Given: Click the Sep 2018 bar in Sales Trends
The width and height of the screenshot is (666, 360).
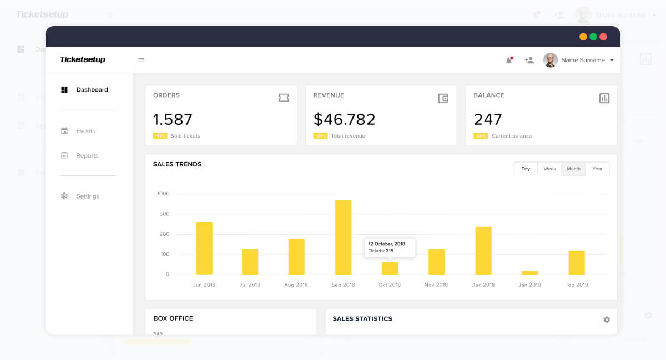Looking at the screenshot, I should (343, 237).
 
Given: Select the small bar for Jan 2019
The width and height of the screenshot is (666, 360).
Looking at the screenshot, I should (529, 273).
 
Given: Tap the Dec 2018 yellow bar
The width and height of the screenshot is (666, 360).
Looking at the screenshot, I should (483, 251).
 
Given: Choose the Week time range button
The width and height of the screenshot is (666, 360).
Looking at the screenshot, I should (549, 169).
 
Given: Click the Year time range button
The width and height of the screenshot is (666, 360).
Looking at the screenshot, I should (597, 169).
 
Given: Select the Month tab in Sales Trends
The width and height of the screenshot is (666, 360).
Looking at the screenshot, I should (573, 169).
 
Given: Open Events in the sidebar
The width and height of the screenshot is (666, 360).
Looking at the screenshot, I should (85, 131).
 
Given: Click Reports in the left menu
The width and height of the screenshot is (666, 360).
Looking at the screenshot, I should (87, 156).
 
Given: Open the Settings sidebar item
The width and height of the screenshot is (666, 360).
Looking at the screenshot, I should (88, 196).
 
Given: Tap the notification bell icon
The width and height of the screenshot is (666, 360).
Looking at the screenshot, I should (509, 60).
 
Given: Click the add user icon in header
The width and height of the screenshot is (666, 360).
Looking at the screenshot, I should (529, 60).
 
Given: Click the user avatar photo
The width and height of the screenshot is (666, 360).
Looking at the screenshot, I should (550, 60).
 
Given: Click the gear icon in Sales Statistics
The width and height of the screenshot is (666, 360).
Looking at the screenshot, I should (606, 320).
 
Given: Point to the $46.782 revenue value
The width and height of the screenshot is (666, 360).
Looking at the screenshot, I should (344, 119).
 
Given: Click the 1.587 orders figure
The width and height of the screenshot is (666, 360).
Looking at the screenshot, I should (173, 119).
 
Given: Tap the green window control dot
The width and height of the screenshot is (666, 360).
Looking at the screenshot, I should (593, 37).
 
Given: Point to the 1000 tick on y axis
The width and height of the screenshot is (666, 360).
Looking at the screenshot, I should (163, 194).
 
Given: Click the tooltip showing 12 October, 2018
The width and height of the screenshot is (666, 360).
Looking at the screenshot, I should (390, 247).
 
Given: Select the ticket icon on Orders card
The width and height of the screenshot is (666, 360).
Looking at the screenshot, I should (284, 98).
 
